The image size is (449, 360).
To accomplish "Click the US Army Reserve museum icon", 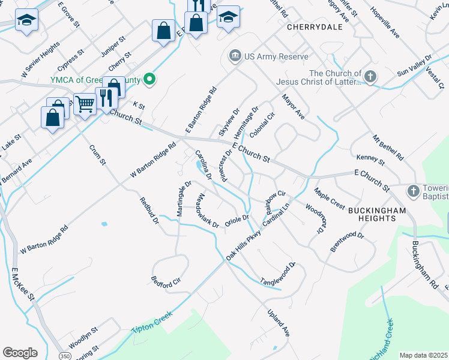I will [235, 56].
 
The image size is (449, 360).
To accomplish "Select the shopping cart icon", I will [85, 104].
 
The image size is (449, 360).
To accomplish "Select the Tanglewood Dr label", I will [278, 273].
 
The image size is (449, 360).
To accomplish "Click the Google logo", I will [20, 353].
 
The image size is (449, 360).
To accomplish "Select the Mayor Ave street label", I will [293, 106].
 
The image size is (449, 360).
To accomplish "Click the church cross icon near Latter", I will [370, 77].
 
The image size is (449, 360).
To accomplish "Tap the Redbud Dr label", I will [149, 211].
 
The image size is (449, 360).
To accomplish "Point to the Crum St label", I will [97, 155].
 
